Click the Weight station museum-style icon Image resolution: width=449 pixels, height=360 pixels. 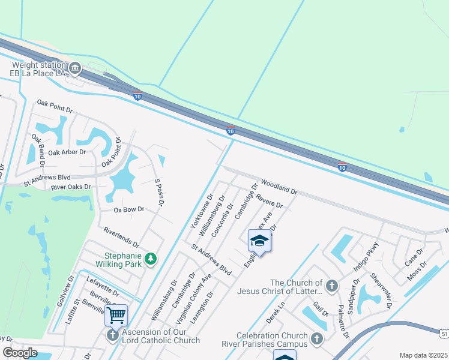pyautogui.click(x=75, y=68)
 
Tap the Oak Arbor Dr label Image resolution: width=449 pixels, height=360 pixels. pyautogui.click(x=67, y=152)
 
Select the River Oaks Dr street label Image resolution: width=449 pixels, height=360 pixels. pyautogui.click(x=71, y=187)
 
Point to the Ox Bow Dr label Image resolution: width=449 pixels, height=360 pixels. pyautogui.click(x=129, y=209)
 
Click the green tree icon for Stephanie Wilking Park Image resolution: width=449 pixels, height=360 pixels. pyautogui.click(x=152, y=259)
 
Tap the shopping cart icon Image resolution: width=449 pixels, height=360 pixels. pyautogui.click(x=116, y=314)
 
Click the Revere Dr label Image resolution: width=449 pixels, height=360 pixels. pyautogui.click(x=268, y=201)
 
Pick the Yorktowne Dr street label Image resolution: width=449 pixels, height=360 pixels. pyautogui.click(x=202, y=211)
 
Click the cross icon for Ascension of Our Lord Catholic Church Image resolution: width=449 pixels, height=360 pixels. pyautogui.click(x=112, y=335)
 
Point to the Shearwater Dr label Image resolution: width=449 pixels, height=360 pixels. pyautogui.click(x=381, y=290)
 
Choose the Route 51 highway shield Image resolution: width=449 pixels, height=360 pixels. pyautogui.click(x=443, y=332)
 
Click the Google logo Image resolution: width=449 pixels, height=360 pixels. pyautogui.click(x=20, y=353)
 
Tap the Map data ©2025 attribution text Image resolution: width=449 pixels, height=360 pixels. pyautogui.click(x=423, y=355)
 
